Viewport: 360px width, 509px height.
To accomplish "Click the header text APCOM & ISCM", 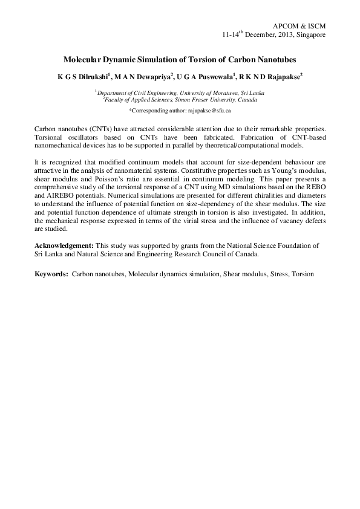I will (299, 26).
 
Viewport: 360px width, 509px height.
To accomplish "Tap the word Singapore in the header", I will (310, 35).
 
